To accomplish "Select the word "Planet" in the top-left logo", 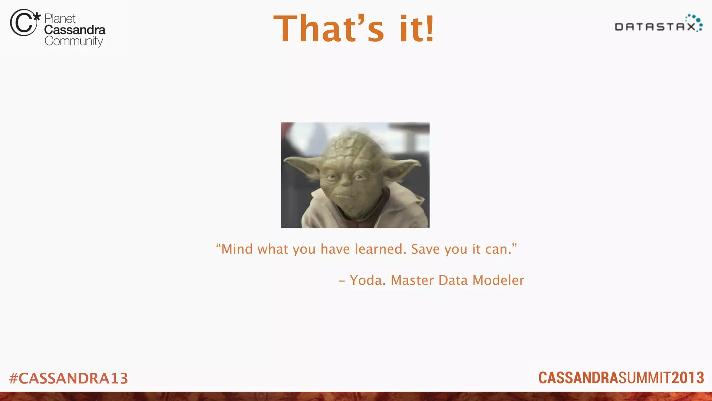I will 60,18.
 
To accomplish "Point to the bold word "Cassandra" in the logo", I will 75,30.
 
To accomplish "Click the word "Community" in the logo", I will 74,41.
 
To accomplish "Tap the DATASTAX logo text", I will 655,27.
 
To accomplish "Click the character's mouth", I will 344,196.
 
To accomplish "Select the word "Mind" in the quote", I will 237,249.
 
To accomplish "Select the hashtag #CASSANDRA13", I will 68,378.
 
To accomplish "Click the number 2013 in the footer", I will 688,378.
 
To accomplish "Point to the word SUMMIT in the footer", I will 645,378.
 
